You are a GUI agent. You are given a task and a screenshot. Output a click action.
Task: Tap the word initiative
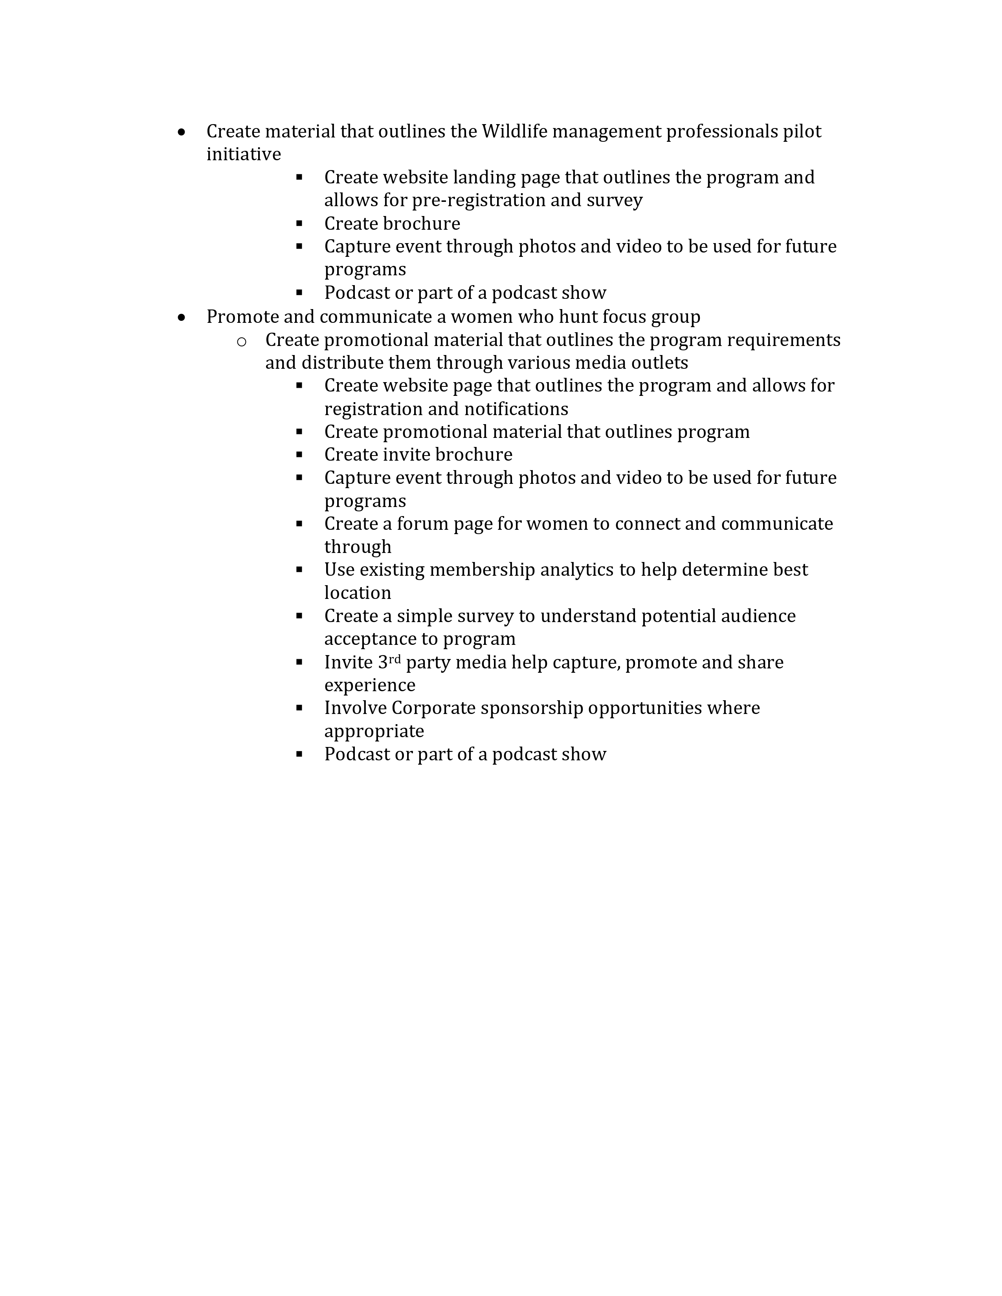click(x=243, y=154)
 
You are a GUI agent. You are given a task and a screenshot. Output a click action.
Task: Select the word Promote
click(x=242, y=317)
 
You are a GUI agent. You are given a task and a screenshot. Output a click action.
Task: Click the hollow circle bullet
click(x=242, y=341)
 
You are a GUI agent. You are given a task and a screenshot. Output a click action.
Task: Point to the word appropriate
click(x=374, y=732)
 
